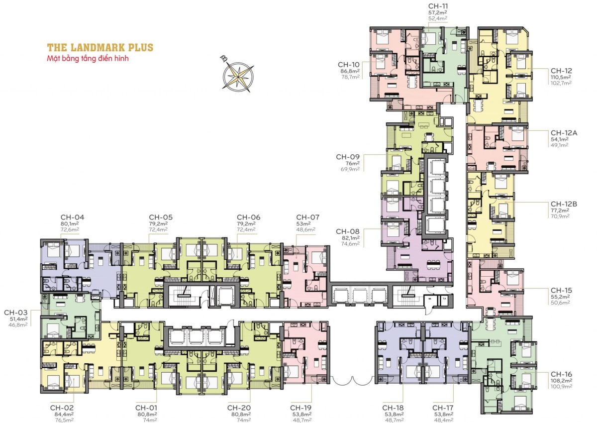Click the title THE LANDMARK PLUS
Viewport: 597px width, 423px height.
[x=100, y=47]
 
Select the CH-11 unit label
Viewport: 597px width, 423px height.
[x=438, y=6]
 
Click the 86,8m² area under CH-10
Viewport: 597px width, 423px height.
[x=350, y=71]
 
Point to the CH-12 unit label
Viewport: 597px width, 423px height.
[x=561, y=71]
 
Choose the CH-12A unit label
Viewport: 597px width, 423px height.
[x=564, y=133]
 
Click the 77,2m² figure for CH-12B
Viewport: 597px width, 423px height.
[x=560, y=211]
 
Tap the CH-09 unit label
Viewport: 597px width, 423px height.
[x=348, y=157]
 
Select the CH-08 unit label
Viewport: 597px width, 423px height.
[x=348, y=231]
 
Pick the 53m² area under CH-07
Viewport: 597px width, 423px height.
[x=303, y=224]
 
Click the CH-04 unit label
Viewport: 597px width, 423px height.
[x=72, y=217]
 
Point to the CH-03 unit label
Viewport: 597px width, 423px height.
[x=16, y=313]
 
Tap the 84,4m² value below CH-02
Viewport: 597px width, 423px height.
[x=62, y=414]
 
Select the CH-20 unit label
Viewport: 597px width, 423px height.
[x=239, y=408]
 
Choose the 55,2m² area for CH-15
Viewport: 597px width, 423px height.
[x=560, y=297]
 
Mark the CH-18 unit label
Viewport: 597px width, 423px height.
[x=393, y=408]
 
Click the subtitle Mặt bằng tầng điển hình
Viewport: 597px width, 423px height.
[x=88, y=58]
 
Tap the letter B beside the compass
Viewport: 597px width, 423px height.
[x=223, y=59]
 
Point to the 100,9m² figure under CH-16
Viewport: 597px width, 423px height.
[x=561, y=387]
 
